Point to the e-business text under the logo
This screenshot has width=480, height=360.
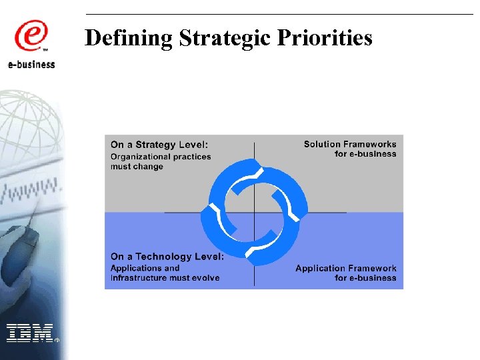click(x=31, y=65)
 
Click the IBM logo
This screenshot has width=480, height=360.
click(x=30, y=332)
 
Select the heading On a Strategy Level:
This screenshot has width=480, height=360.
click(x=159, y=144)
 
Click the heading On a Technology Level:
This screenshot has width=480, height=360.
click(x=167, y=257)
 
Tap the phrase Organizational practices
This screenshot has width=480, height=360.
click(x=161, y=157)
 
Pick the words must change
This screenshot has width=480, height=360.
click(x=137, y=167)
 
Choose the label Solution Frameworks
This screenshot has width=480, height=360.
click(x=350, y=144)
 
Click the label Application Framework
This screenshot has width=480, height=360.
click(x=346, y=268)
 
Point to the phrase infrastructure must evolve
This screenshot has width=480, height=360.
click(x=165, y=278)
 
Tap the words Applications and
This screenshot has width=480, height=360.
click(x=145, y=268)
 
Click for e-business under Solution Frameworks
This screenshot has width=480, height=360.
click(x=365, y=154)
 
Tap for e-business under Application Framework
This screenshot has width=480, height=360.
click(x=365, y=278)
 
